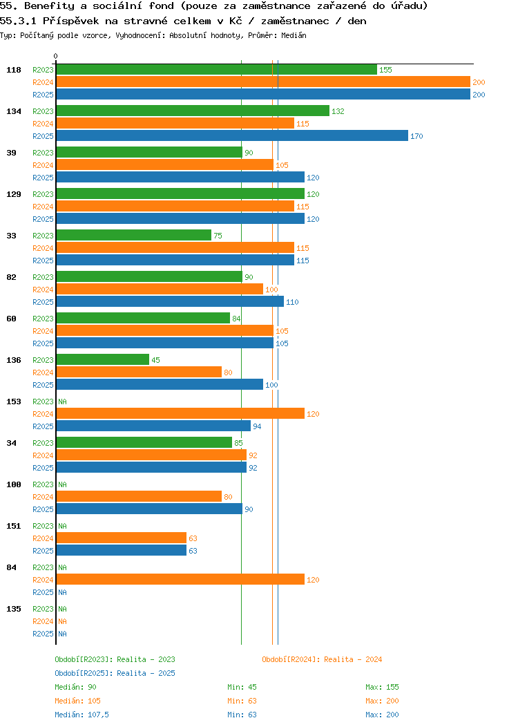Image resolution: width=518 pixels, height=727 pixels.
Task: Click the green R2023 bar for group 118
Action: pos(216,70)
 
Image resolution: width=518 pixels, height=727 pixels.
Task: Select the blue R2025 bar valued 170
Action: pos(232,136)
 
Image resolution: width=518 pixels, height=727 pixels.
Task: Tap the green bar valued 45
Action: pos(102,360)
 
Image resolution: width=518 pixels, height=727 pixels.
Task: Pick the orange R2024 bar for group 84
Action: pos(180,580)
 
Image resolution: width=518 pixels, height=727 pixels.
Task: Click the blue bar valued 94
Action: pos(153,426)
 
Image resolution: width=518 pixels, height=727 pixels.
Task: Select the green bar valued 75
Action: pos(133,236)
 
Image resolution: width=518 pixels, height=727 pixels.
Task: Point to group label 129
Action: pos(12,194)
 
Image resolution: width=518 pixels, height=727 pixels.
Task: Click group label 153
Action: pos(12,402)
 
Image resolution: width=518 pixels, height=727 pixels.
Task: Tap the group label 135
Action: pos(12,609)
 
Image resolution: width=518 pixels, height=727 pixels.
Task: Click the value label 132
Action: pos(338,111)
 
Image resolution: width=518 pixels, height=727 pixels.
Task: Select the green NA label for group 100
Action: pos(62,484)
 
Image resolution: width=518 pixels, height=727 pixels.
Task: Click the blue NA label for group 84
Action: pos(62,592)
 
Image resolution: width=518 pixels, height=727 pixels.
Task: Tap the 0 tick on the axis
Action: pos(56,57)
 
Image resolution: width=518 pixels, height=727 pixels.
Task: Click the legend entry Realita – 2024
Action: pos(322,659)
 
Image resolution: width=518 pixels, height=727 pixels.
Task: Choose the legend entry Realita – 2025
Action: pos(115,673)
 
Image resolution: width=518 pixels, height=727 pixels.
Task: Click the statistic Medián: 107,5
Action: pos(81,715)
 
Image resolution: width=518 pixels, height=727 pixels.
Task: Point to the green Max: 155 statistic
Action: pos(382,687)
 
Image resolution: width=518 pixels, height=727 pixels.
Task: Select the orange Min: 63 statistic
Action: pos(242,701)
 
